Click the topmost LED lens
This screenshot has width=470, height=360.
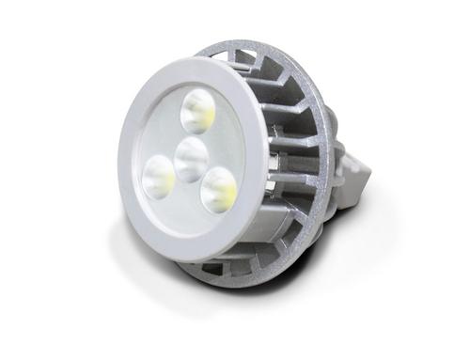[x=198, y=112]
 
